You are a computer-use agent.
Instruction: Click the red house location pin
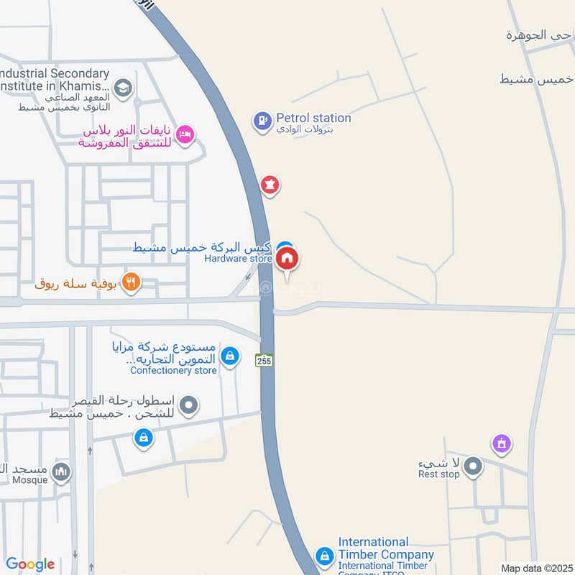coord(287,259)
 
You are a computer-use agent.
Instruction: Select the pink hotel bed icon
coord(185,134)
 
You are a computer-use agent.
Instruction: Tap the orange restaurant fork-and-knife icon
coord(130,282)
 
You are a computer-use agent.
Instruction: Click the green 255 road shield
coord(263,359)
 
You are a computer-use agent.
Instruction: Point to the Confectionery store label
coord(173,370)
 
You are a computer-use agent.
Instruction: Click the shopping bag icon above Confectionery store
coord(229,355)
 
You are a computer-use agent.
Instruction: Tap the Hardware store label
coord(239,258)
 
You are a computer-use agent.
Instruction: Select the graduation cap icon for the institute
coord(124,88)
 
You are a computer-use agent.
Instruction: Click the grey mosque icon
coord(62,471)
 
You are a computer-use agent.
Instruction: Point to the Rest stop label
coord(439,474)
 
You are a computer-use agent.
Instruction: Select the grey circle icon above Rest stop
coord(472,468)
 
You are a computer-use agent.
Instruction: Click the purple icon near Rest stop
coord(501,444)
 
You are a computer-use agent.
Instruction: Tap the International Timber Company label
coord(386,548)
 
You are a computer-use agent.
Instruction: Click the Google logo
coord(30,564)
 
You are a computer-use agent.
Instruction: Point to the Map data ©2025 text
coord(536,569)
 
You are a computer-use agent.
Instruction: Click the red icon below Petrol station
coord(270,185)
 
